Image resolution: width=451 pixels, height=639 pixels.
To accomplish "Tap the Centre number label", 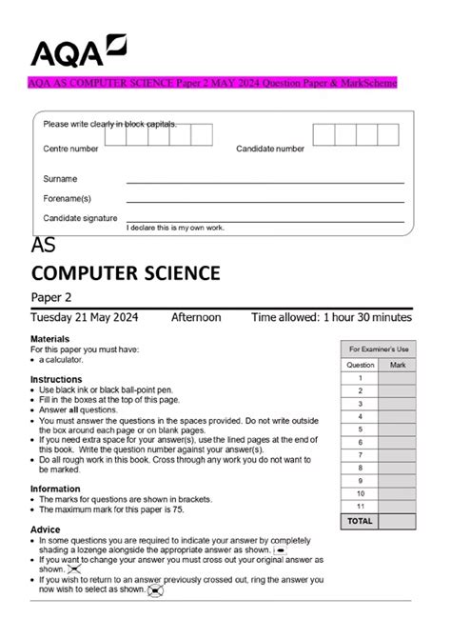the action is click(70, 150).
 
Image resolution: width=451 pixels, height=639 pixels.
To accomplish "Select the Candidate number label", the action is click(270, 150).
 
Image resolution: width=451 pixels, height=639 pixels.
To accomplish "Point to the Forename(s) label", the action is click(68, 198).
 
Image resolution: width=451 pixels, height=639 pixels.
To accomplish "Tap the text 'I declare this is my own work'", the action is click(175, 229).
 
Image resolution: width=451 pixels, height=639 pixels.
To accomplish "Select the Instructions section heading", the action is click(56, 379).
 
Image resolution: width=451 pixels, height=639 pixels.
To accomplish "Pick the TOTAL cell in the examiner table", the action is click(360, 521).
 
